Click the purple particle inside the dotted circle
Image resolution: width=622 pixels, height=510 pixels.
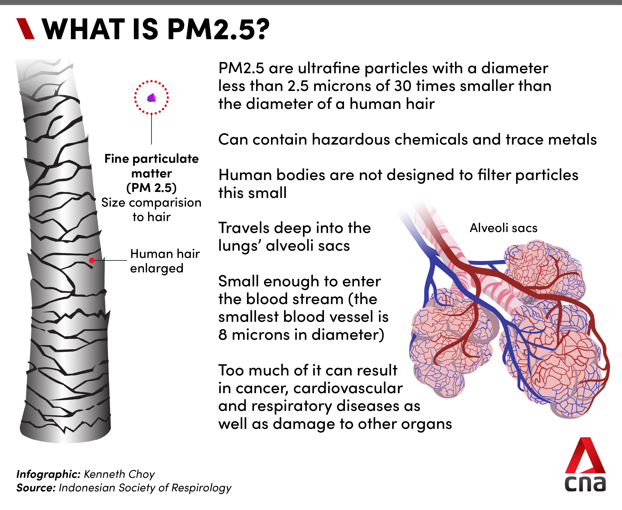coord(152,97)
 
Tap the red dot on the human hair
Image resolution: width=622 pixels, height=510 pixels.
coord(92,260)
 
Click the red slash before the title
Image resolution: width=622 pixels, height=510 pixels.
coord(26,28)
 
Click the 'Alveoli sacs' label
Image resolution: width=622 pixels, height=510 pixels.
coord(503,228)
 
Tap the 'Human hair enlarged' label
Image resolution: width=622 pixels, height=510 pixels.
coord(164,261)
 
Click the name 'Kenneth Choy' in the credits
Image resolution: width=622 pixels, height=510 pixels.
coord(119,474)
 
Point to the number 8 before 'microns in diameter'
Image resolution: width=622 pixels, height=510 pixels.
coord(223,335)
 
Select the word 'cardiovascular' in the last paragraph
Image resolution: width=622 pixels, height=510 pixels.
coord(348,388)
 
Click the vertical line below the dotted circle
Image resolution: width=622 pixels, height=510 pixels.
coord(152,129)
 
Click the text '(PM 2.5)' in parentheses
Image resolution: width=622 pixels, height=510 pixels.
coord(152,188)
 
